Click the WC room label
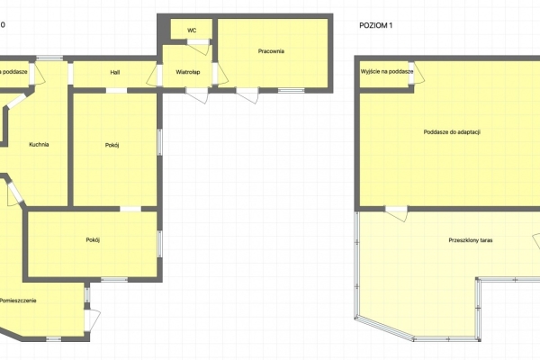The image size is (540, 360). click(x=192, y=30)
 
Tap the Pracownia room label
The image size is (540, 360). click(x=270, y=51)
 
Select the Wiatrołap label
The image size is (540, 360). click(x=187, y=71)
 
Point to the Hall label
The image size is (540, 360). click(x=115, y=71)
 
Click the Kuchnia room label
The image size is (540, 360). click(x=39, y=144)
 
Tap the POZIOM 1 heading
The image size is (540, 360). click(x=376, y=26)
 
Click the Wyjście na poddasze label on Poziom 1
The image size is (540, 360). click(x=387, y=70)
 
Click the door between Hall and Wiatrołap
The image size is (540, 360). click(x=155, y=77)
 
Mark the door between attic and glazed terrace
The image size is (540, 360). click(x=396, y=210)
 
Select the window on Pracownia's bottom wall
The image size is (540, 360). click(x=291, y=90)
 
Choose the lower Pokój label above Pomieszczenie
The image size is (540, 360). click(x=93, y=239)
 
